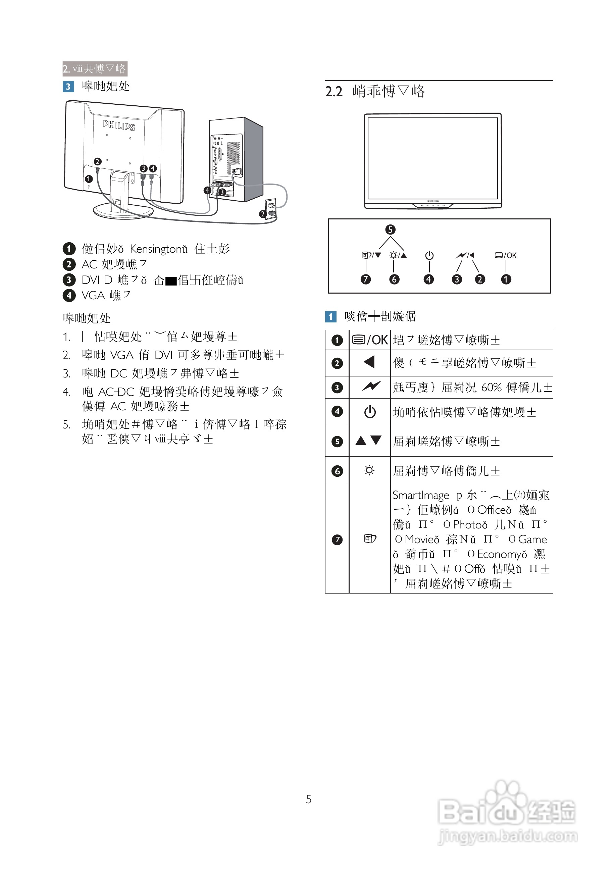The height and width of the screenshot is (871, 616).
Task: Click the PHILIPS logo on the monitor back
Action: (x=119, y=125)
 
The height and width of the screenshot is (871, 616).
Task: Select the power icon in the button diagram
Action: (x=429, y=255)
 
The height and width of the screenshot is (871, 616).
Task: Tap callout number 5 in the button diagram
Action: (x=390, y=229)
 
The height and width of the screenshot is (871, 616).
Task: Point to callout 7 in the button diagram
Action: (x=365, y=279)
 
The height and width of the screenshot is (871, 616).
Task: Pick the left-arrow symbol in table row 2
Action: (x=369, y=362)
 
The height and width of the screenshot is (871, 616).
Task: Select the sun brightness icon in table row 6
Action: (x=369, y=470)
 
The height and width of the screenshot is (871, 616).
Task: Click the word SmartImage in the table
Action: (x=421, y=495)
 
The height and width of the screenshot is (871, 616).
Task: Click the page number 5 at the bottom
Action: (x=308, y=800)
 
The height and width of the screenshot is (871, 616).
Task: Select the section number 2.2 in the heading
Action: (x=334, y=91)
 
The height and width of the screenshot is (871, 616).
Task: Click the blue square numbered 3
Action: (x=68, y=87)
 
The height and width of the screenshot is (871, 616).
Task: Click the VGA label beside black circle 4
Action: (x=93, y=295)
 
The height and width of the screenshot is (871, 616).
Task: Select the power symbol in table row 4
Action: (x=370, y=412)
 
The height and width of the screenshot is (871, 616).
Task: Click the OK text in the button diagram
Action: (x=511, y=255)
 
